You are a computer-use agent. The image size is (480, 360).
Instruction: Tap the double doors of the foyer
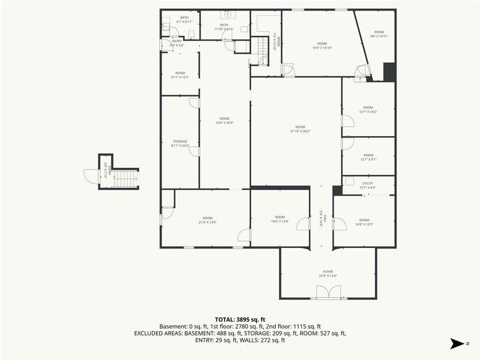click(328, 292)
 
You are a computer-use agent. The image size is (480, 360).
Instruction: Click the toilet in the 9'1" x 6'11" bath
click(191, 34)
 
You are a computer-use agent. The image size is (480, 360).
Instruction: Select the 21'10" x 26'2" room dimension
click(300, 131)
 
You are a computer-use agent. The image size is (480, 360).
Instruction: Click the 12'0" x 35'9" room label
click(225, 121)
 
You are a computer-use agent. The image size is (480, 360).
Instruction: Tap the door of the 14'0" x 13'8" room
click(303, 223)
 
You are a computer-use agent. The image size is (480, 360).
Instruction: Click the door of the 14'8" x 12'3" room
click(340, 223)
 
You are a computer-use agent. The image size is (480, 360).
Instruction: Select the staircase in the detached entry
click(125, 179)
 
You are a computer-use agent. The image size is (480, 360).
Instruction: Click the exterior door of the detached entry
click(91, 176)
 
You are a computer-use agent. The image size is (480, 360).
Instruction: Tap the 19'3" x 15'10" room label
click(322, 46)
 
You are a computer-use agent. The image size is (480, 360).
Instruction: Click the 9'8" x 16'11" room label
click(379, 34)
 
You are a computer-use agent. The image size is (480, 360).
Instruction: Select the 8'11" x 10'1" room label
click(180, 75)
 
